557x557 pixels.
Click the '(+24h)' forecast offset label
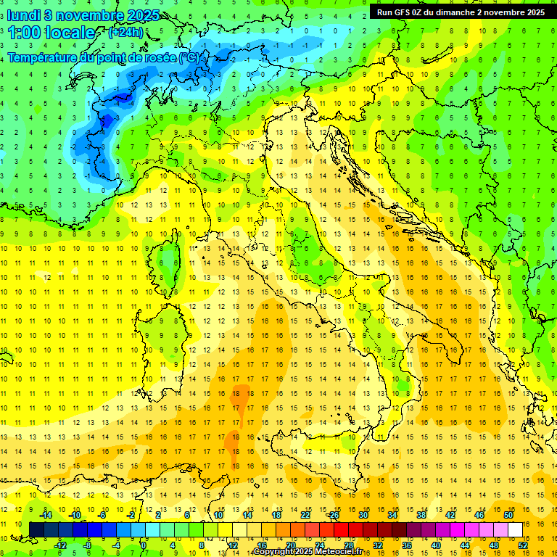tap(125, 33)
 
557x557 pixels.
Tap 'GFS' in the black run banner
tap(402, 12)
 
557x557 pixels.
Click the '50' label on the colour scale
tap(508, 515)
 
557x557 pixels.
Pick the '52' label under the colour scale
tap(522, 545)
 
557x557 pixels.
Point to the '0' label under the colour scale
tap(144, 545)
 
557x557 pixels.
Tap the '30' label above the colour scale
tap(363, 515)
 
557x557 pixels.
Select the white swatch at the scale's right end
tap(515, 529)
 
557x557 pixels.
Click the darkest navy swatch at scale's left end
tap(36, 529)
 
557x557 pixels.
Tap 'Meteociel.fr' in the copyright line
tap(344, 552)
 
